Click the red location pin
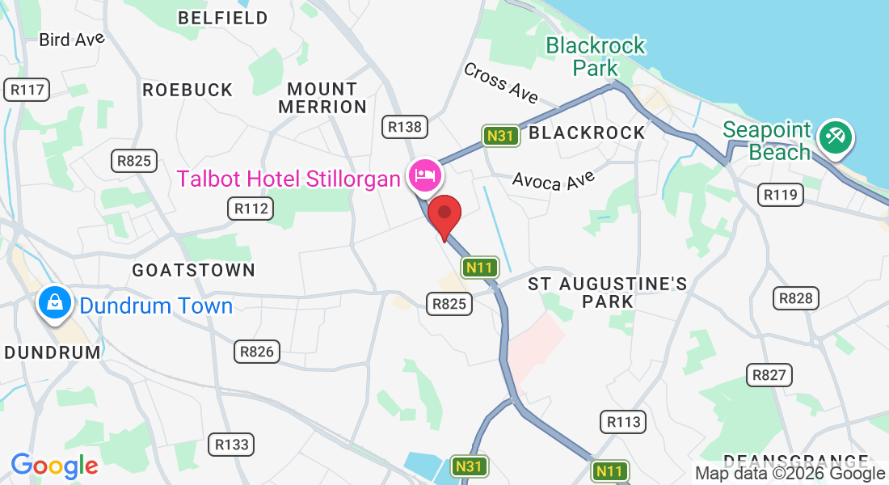(x=444, y=213)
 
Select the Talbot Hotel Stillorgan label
(x=289, y=178)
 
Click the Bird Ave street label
(x=72, y=39)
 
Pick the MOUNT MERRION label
(x=322, y=97)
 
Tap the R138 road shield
(x=404, y=126)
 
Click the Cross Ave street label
(x=500, y=82)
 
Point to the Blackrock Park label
(x=596, y=57)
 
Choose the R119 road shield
(x=780, y=194)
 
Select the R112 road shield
(x=250, y=209)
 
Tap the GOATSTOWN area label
(x=193, y=270)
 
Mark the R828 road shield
(x=794, y=298)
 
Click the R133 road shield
(x=232, y=444)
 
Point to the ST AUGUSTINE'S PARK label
(x=608, y=292)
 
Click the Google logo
(x=54, y=466)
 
